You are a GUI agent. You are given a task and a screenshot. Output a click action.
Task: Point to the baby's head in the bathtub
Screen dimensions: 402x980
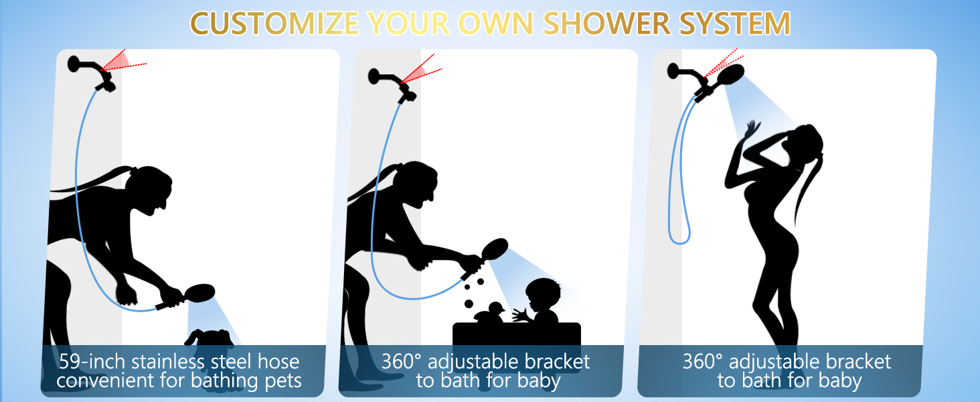click(x=542, y=295)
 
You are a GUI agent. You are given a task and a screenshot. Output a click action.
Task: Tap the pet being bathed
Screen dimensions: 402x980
click(x=208, y=338)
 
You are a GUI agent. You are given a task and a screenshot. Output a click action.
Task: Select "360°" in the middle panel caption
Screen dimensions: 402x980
click(x=401, y=362)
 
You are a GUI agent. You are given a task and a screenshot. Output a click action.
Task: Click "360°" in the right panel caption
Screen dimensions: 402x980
click(x=702, y=362)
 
